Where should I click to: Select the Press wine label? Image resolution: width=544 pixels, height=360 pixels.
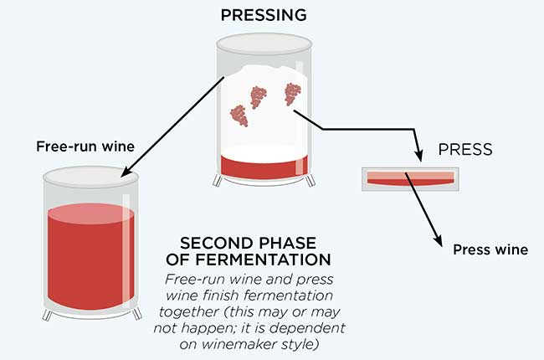[x=490, y=249]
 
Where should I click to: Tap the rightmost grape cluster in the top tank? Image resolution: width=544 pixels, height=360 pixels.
[x=293, y=95]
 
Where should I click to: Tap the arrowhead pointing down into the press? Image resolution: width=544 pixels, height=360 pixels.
[x=418, y=156]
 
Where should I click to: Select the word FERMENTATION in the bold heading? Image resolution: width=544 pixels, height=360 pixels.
[x=260, y=260]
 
